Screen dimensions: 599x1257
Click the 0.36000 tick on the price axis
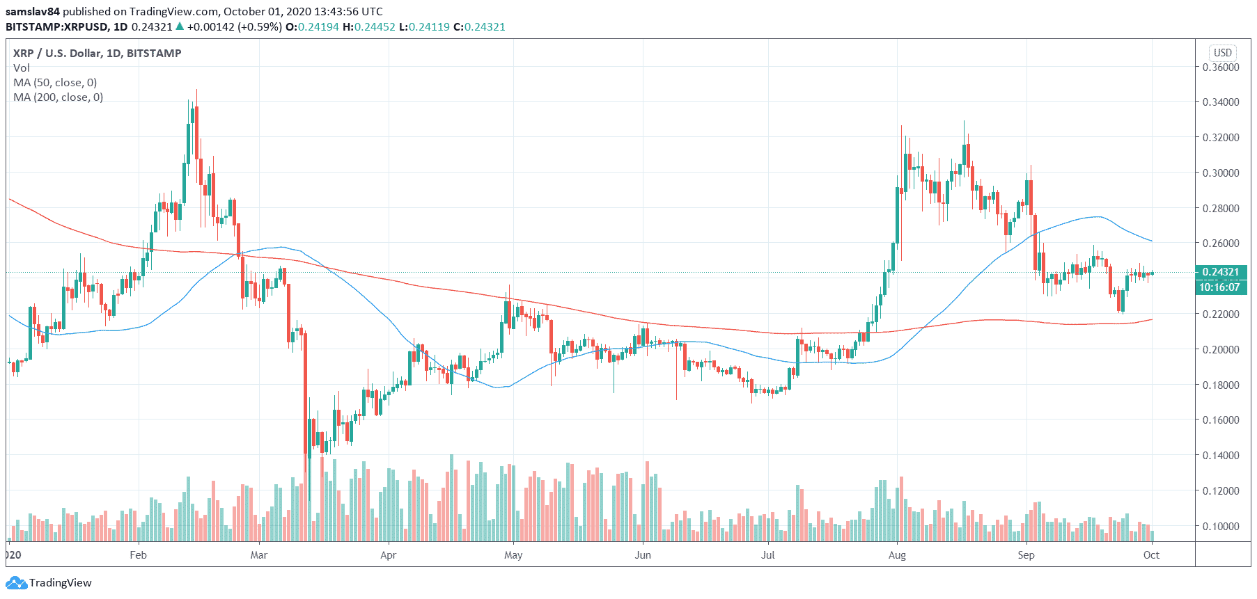coord(1221,67)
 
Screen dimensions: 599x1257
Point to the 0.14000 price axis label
coord(1221,456)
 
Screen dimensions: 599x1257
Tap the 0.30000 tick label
coord(1221,173)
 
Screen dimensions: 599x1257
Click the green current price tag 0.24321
coord(1220,272)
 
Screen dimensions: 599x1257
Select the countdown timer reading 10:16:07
coord(1219,287)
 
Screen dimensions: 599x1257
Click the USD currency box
coord(1222,53)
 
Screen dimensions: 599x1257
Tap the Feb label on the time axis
coord(139,555)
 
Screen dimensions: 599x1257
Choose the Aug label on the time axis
coord(897,555)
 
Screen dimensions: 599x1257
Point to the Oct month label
coord(1151,555)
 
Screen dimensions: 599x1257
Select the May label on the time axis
coord(513,555)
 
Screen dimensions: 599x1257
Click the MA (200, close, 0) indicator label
coord(58,97)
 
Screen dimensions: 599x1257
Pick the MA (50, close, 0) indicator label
coord(55,83)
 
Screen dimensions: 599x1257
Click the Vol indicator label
coord(22,68)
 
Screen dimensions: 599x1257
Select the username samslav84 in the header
coord(33,12)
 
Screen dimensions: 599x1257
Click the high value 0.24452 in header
coord(375,27)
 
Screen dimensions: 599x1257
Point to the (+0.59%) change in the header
coord(260,27)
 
